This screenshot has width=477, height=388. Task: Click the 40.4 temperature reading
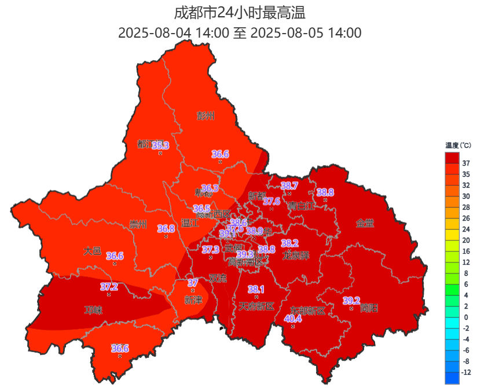pos(293,318)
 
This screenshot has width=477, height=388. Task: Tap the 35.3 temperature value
pos(160,145)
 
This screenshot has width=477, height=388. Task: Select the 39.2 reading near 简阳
pos(351,301)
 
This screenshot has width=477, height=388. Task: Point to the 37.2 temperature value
pos(109,287)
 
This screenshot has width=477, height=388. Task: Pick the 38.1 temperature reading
pos(256,289)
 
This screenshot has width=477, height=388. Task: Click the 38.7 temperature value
pos(289,186)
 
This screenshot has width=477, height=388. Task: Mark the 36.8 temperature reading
pos(166,229)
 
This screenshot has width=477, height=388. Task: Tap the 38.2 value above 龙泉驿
pos(289,243)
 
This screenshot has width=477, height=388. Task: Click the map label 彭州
pos(206,116)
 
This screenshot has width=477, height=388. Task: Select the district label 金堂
pos(365,223)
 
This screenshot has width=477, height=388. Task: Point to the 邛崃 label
pos(93,310)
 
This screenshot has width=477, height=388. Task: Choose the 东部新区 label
pos(308,311)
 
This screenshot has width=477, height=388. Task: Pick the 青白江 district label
pos(302,205)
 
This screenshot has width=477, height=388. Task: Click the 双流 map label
pos(218,278)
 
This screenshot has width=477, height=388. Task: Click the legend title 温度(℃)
pos(458,145)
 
